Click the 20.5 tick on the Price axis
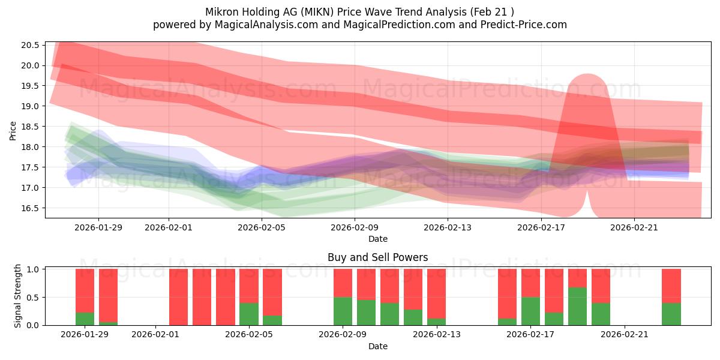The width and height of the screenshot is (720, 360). point(31,45)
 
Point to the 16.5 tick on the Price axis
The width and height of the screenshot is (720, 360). point(31,208)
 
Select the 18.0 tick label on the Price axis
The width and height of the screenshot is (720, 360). point(31,147)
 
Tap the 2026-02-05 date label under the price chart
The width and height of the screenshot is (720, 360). point(262,227)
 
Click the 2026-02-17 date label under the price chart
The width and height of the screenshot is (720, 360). point(541,227)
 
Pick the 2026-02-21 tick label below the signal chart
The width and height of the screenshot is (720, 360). point(625,335)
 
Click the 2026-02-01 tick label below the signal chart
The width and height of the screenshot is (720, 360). point(156,335)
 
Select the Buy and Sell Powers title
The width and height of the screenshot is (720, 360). point(377,257)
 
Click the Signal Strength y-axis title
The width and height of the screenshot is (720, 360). point(18,296)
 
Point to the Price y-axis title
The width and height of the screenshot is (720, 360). point(13,130)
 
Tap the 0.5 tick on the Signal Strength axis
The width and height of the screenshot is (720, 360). point(33,297)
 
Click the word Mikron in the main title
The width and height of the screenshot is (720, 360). point(224,11)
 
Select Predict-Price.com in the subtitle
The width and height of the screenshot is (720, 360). point(523,25)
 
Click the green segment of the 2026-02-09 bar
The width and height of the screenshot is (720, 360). point(343,311)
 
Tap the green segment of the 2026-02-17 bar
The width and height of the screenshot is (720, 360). point(530,311)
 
